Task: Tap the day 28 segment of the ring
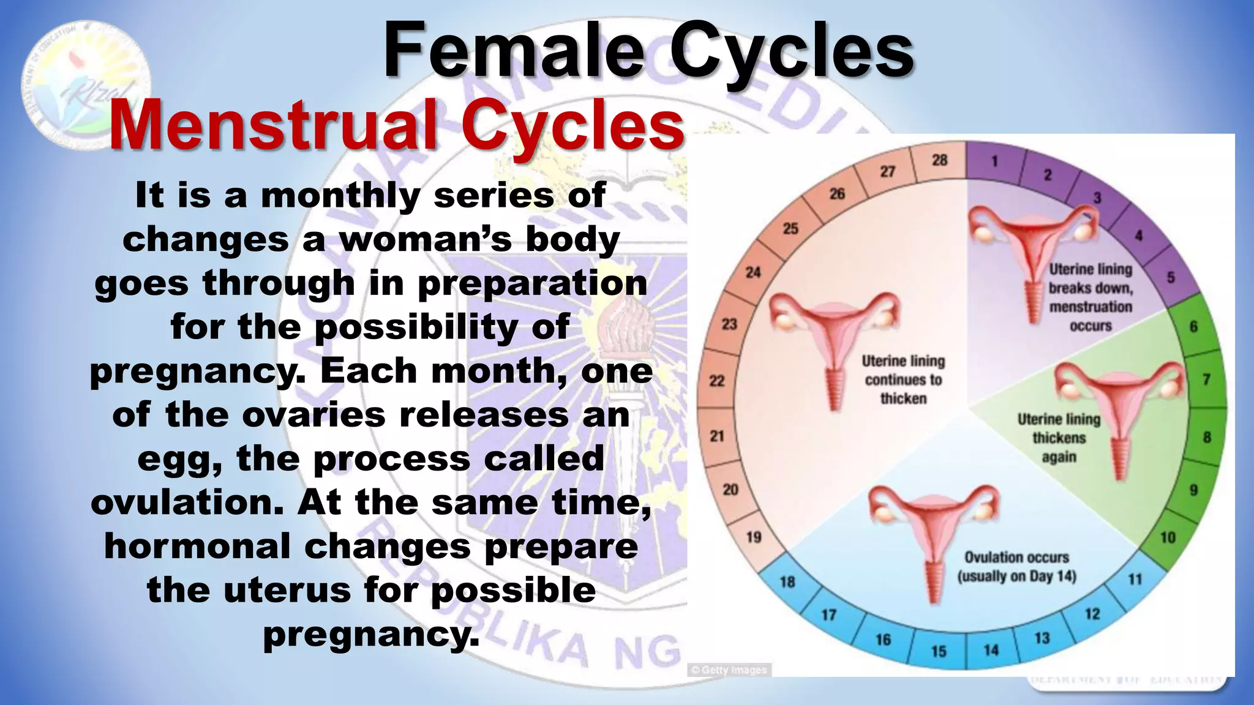[x=939, y=161]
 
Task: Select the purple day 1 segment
[x=995, y=162]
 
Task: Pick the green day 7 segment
[x=1206, y=380]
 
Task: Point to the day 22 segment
[x=717, y=381]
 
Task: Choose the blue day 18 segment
[x=787, y=581]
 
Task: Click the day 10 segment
[x=1168, y=537]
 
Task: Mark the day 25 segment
[x=790, y=229]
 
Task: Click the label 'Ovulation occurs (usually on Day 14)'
[x=1016, y=567]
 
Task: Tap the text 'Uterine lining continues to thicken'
[x=903, y=379]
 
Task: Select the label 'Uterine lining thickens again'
[x=1059, y=438]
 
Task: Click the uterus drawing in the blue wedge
[x=933, y=532]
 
